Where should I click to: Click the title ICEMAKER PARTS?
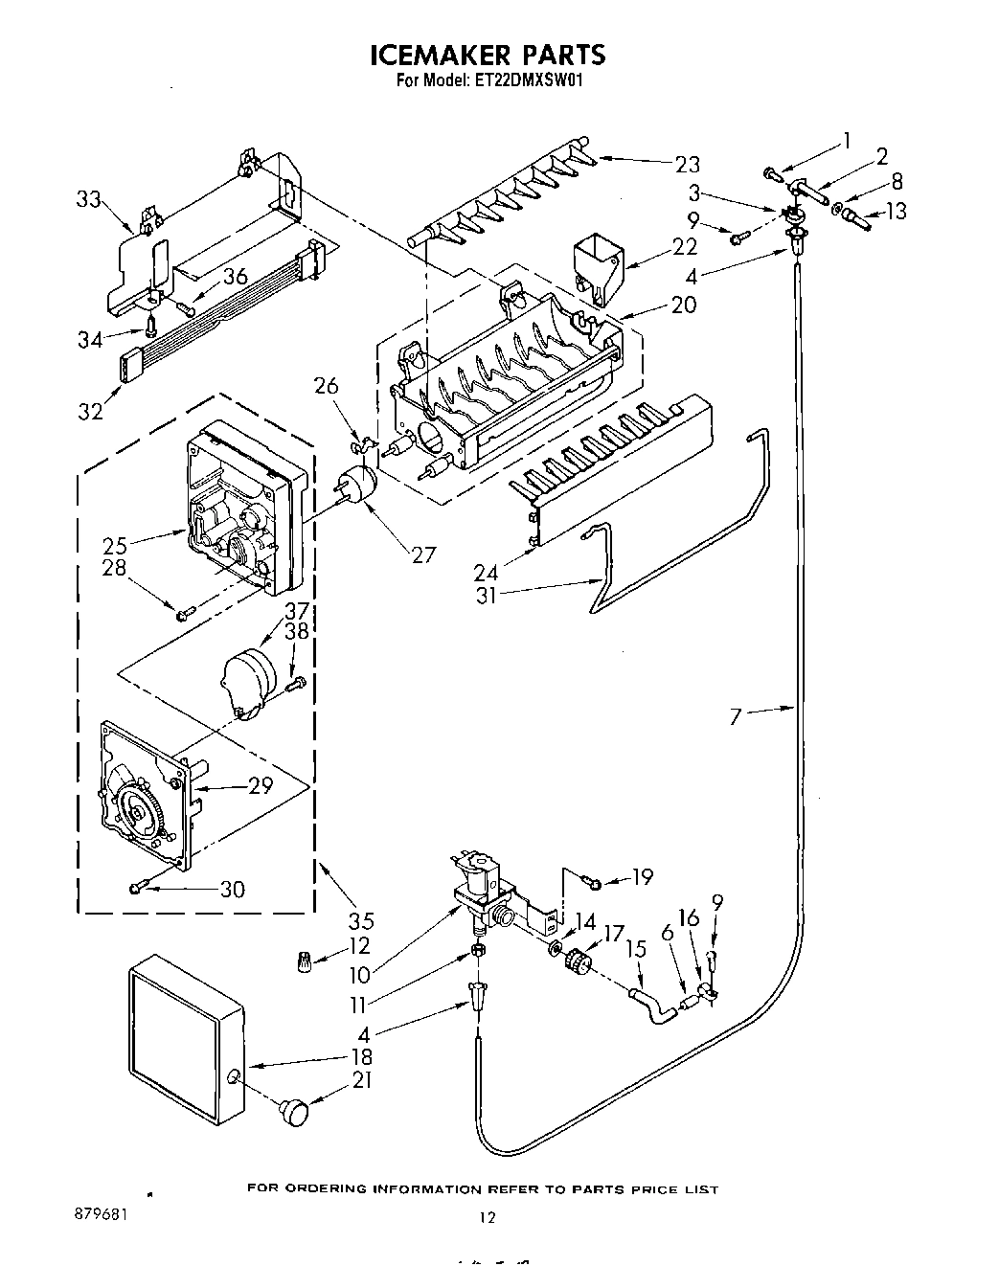pos(488,55)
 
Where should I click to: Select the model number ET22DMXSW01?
pos(529,81)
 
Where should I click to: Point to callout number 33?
pos(88,199)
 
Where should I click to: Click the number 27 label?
pos(422,554)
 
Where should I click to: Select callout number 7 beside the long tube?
pos(736,715)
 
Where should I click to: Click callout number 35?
pos(360,921)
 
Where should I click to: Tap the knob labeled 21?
pos(295,1114)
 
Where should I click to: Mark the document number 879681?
pos(101,1211)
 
